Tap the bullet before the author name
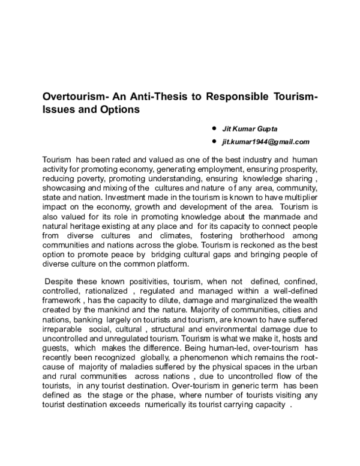click(x=214, y=129)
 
